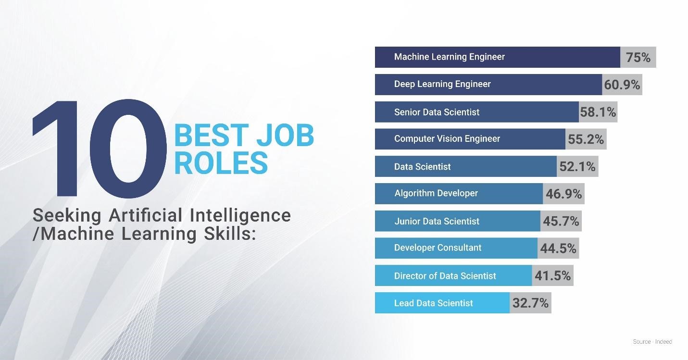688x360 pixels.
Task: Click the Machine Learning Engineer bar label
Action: (x=450, y=57)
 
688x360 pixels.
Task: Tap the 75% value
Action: (x=638, y=58)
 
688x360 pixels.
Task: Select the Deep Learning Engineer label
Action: (x=442, y=84)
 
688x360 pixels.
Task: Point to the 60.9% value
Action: (x=622, y=85)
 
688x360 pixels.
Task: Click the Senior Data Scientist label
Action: (x=437, y=112)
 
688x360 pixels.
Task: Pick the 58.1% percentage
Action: (x=598, y=112)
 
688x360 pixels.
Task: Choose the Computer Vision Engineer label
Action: (x=447, y=139)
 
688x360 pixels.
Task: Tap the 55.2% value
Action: (x=586, y=139)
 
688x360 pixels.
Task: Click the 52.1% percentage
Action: (x=577, y=166)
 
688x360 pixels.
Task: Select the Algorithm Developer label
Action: (x=436, y=193)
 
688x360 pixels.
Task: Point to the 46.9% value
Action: (x=563, y=194)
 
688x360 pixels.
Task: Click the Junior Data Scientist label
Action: (x=437, y=222)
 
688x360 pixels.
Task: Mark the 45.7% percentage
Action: (x=561, y=221)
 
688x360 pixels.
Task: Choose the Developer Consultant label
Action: (x=438, y=248)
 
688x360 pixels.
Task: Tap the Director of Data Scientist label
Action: (x=445, y=276)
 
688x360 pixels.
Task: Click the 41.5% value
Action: (x=552, y=275)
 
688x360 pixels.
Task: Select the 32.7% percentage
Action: (x=530, y=303)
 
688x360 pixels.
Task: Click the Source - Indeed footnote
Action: (x=652, y=342)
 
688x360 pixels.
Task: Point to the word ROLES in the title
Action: (x=221, y=163)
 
